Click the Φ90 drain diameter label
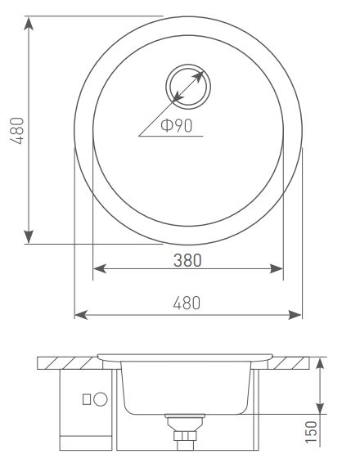[x=177, y=125]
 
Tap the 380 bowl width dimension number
[x=187, y=260]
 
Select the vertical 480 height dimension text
[x=17, y=131]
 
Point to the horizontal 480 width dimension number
[x=187, y=303]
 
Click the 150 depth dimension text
[x=311, y=432]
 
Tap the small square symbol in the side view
[x=87, y=399]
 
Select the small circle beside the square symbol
[x=101, y=399]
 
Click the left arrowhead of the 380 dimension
[x=100, y=268]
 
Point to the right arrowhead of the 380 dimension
[x=277, y=268]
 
